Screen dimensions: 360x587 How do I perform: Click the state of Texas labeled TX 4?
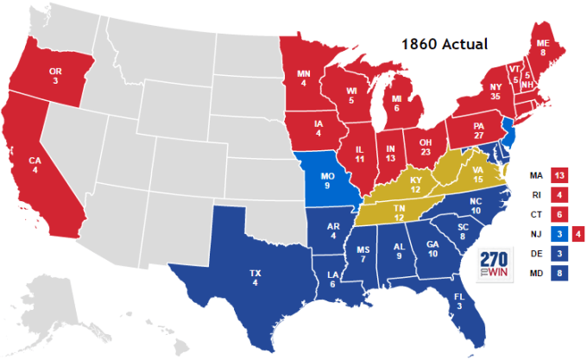[x=255, y=278]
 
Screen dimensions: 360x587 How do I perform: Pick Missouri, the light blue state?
[x=328, y=183]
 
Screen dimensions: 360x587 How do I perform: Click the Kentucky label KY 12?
[x=416, y=185]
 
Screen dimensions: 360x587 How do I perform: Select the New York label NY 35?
[x=495, y=90]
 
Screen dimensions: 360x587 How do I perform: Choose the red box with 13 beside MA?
[x=560, y=174]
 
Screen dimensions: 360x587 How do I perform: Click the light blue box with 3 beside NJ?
[x=560, y=234]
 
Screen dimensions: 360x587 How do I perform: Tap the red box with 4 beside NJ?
[x=578, y=234]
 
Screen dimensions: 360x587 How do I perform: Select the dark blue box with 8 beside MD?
[x=560, y=275]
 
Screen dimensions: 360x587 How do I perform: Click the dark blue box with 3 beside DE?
[x=560, y=255]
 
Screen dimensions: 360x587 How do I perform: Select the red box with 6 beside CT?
[x=560, y=214]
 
